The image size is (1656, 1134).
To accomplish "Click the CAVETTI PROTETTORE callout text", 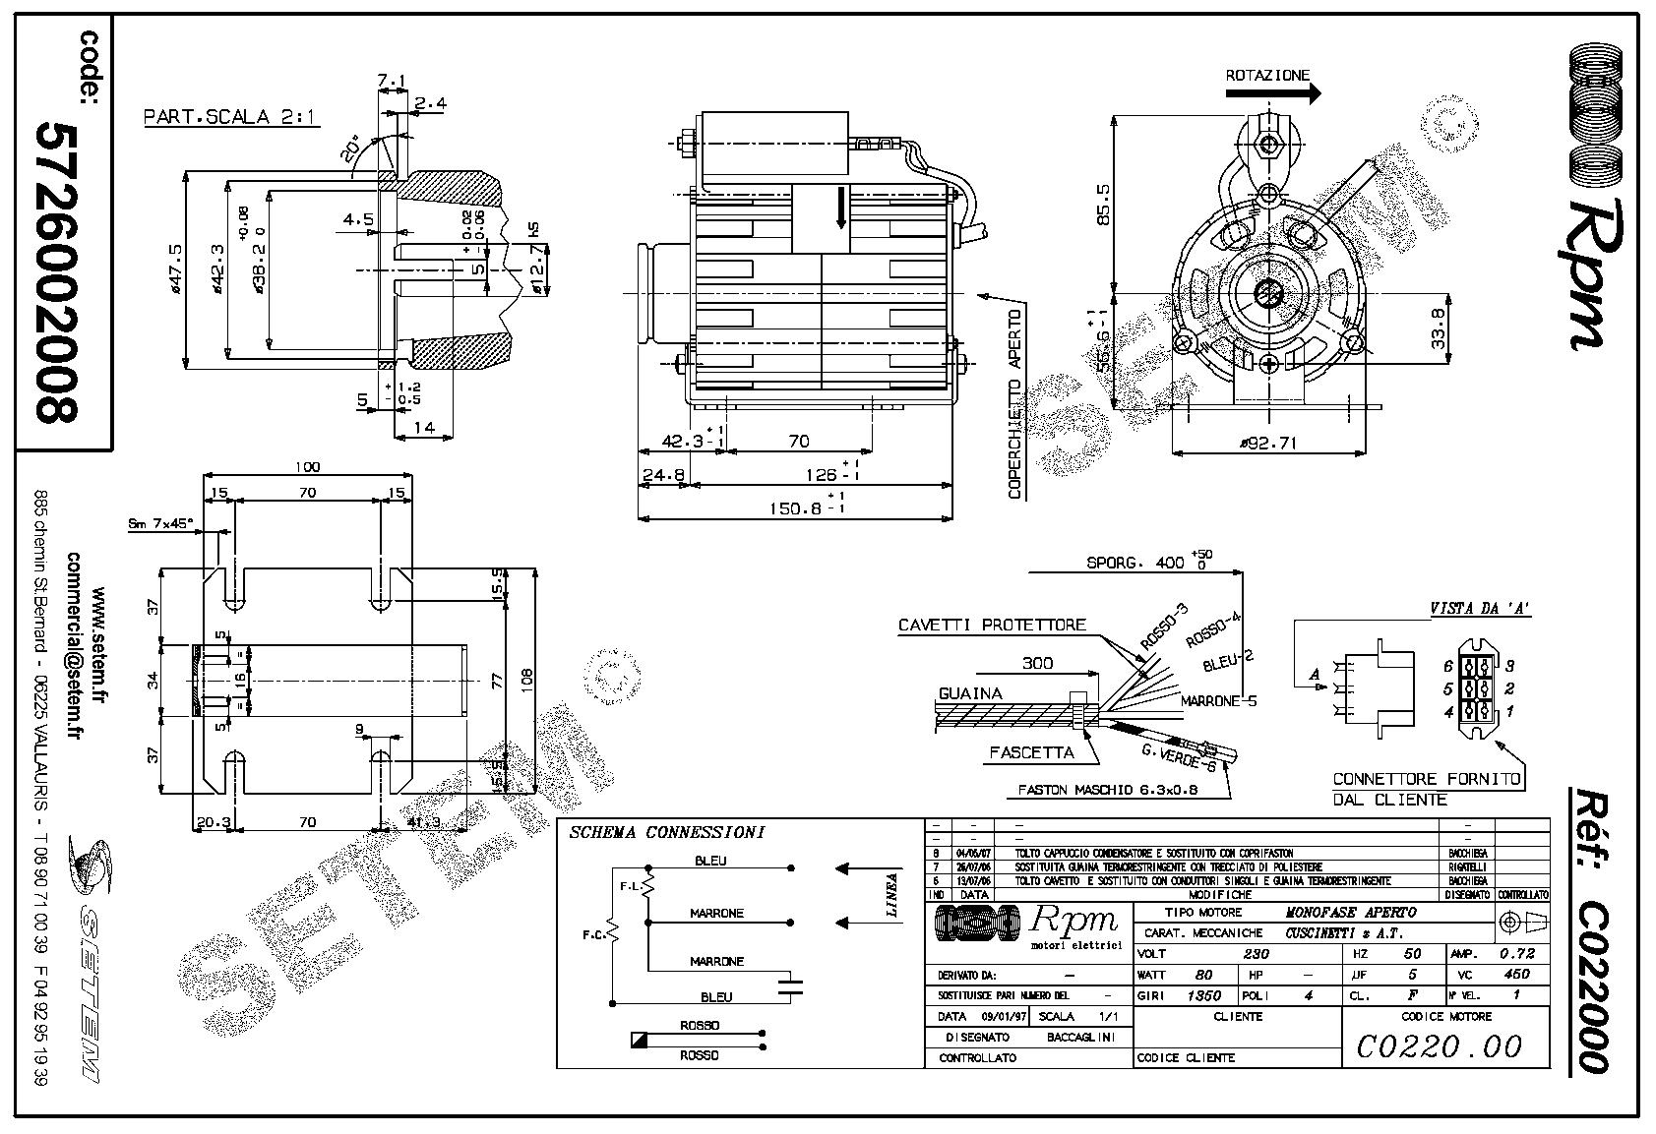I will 991,625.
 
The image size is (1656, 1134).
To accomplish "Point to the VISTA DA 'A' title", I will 1480,609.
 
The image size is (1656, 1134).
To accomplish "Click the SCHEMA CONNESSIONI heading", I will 666,832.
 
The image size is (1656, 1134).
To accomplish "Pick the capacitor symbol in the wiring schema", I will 789,986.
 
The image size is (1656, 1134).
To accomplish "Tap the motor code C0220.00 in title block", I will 1439,1045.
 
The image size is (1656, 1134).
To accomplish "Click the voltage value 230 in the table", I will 1257,953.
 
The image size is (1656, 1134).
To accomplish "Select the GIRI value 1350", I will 1203,995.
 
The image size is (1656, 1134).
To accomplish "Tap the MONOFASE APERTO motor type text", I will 1350,912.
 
